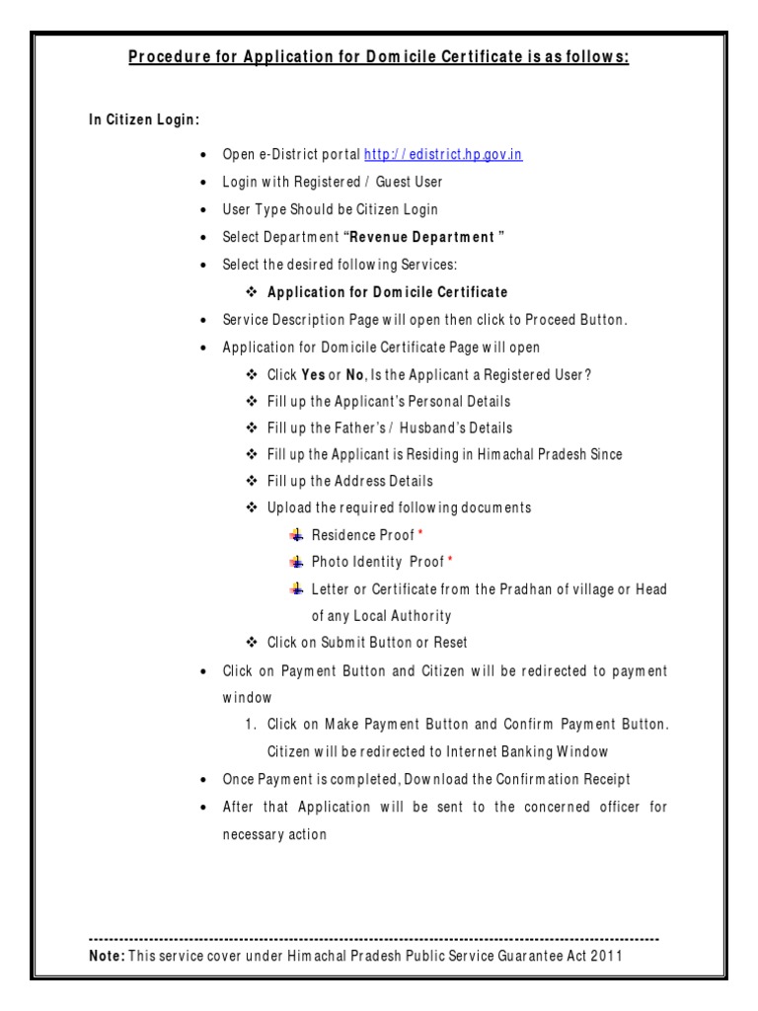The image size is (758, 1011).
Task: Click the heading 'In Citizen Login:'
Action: tap(144, 119)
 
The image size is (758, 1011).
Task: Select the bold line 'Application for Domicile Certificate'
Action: tap(388, 292)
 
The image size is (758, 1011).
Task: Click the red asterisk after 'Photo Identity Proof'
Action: tap(450, 561)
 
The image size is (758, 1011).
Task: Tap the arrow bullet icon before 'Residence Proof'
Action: tap(296, 534)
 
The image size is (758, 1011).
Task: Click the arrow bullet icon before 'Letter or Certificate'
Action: tap(296, 588)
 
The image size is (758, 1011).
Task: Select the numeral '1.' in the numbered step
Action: tap(253, 725)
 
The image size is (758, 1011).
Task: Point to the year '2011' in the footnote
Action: tap(607, 956)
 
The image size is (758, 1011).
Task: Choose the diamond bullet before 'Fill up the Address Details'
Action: tap(252, 481)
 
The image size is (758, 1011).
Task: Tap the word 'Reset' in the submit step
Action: tap(449, 643)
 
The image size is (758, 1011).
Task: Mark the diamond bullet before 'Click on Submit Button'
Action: tap(252, 643)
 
